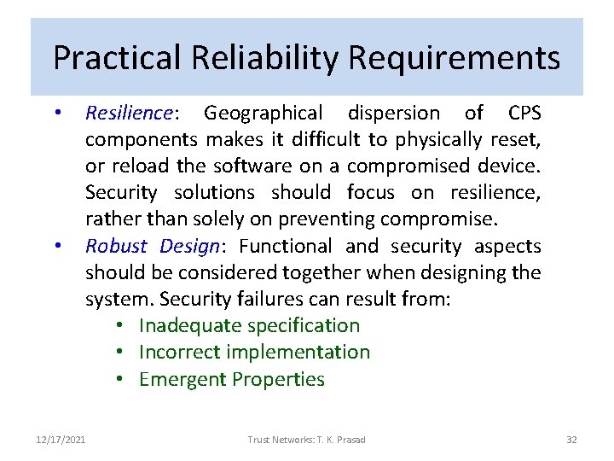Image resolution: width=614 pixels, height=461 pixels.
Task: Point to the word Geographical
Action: pos(264,113)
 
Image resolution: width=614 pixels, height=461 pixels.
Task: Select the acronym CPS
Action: pos(524,113)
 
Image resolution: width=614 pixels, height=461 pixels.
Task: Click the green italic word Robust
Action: pos(115,246)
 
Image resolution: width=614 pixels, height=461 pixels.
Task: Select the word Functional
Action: pos(287,246)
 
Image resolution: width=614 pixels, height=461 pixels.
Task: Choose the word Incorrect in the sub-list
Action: pos(179,352)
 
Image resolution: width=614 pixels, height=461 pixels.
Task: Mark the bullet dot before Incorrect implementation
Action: pos(123,353)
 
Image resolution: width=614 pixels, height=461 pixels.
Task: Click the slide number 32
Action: pos(571,440)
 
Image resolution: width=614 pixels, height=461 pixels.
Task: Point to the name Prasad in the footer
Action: pos(350,440)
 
